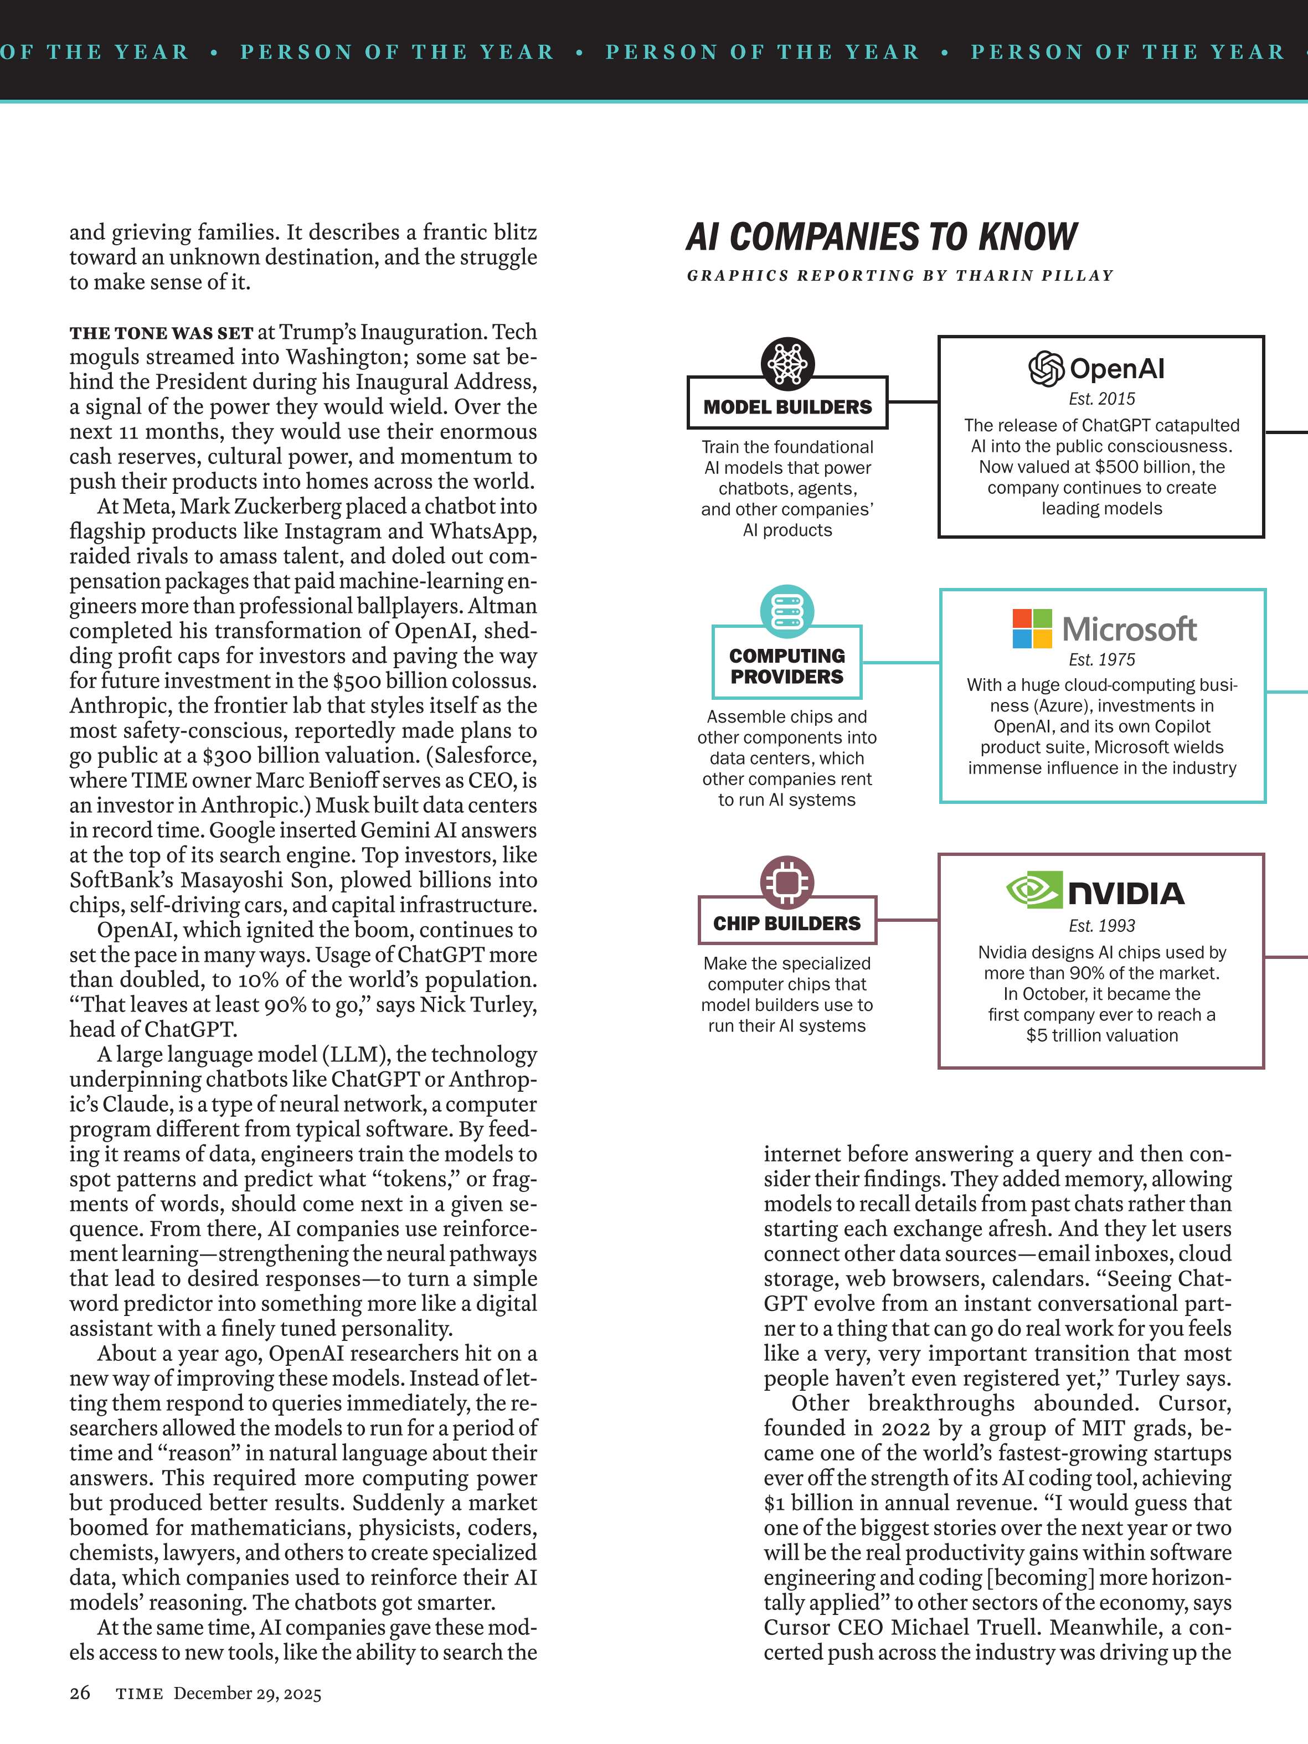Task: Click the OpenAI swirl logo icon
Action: tap(1046, 368)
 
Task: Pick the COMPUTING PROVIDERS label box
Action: tap(787, 665)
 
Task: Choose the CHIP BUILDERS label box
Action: tap(787, 922)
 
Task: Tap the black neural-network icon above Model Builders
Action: tap(787, 363)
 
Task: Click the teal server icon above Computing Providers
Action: tap(787, 611)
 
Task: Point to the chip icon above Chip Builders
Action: tap(787, 881)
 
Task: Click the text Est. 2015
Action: tap(1101, 399)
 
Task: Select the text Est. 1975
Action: tap(1101, 659)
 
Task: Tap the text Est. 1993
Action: tap(1101, 926)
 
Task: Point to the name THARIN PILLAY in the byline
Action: tap(1034, 276)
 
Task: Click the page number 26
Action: tap(80, 1693)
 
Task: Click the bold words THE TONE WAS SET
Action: tap(161, 333)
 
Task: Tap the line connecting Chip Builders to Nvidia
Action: tap(907, 919)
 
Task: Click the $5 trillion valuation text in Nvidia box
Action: tap(1101, 1035)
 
